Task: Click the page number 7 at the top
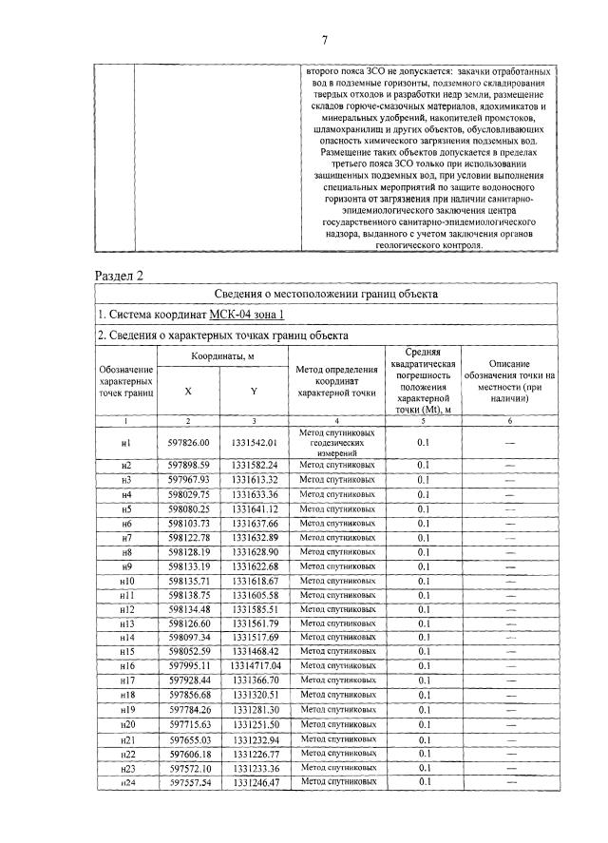325,39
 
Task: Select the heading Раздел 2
119,277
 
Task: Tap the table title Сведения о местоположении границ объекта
325,296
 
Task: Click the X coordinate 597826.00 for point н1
188,442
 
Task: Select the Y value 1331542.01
253,442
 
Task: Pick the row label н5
126,508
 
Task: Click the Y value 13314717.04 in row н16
253,666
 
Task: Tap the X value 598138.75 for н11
188,594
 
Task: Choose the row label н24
126,780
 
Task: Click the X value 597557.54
188,780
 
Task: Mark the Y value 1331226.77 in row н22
253,752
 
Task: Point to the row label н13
126,623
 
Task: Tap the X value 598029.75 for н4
188,494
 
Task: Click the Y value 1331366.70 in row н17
253,680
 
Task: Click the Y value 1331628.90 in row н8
253,551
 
